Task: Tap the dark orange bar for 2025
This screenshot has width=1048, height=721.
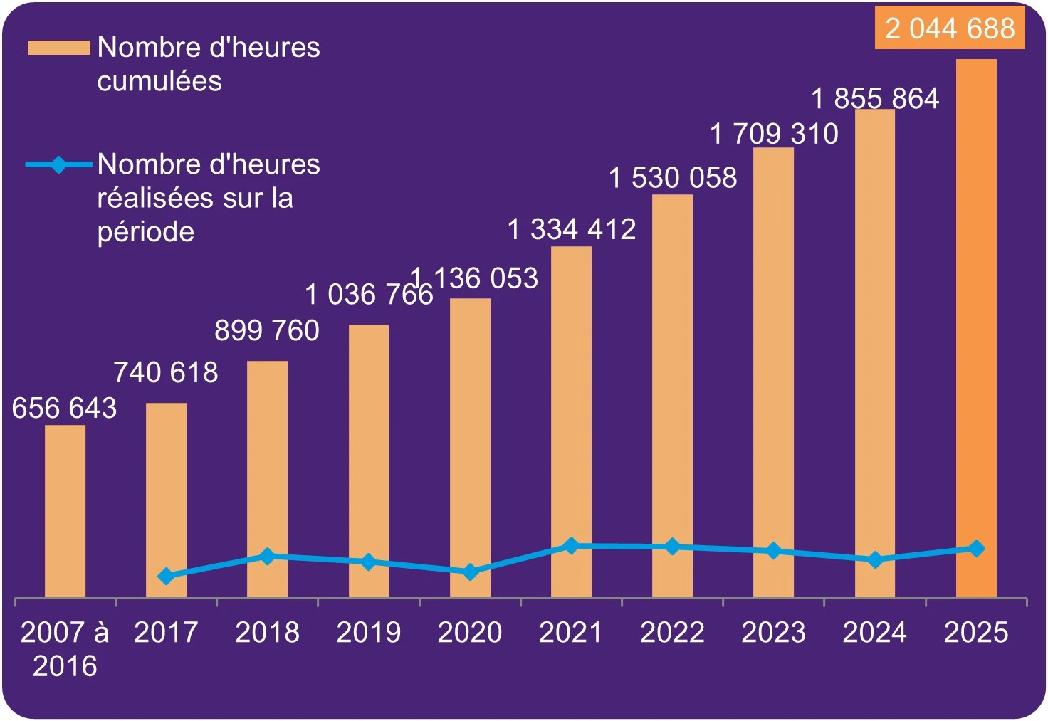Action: point(976,327)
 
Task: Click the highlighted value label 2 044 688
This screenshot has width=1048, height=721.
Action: point(950,28)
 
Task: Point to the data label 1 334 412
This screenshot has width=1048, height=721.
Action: point(572,229)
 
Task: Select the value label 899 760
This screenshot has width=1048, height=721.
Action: point(267,330)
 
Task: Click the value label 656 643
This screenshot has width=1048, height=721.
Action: point(64,408)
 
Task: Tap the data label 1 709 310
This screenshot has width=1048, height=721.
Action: point(775,134)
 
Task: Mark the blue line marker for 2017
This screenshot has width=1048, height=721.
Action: point(166,576)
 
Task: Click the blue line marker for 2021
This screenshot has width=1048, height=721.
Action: point(571,546)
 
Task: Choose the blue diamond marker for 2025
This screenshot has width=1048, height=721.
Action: point(977,548)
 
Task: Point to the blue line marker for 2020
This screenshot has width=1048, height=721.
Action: point(470,572)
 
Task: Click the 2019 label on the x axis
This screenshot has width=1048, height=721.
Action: point(368,632)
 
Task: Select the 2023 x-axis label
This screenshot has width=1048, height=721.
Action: point(773,632)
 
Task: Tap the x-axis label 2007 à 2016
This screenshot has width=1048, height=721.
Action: point(65,648)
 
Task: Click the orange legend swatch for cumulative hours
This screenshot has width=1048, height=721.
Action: point(58,48)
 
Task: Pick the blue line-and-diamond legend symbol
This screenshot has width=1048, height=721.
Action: point(59,164)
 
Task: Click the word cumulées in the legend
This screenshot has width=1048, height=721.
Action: point(159,81)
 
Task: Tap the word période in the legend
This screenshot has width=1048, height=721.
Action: point(145,232)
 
